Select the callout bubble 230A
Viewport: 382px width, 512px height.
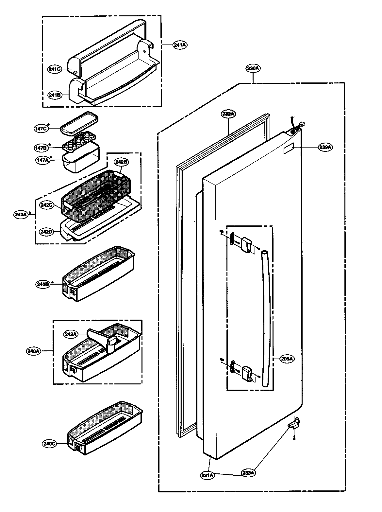point(253,69)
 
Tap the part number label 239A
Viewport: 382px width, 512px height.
point(325,147)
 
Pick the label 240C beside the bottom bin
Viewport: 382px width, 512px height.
point(49,444)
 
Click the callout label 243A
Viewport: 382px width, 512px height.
point(71,334)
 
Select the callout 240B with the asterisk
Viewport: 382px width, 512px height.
point(42,284)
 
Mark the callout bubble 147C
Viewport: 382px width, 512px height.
point(41,129)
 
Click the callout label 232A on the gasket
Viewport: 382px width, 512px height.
point(227,114)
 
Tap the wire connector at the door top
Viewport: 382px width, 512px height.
point(301,124)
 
